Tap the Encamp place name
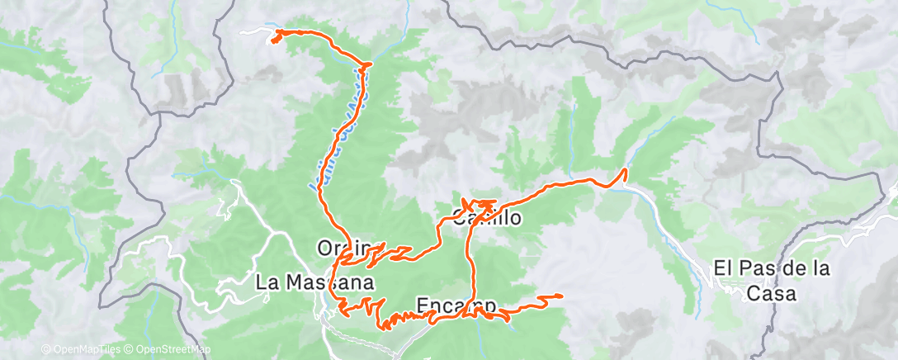456,304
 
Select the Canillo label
487,218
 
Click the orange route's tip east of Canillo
625,170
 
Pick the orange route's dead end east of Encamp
561,295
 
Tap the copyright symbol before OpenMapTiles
45,349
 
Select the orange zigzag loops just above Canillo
479,203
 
